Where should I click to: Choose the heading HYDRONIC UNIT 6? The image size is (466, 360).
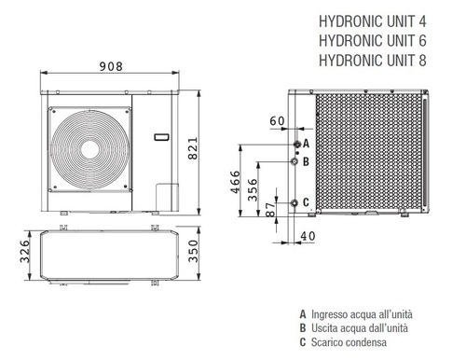(378, 41)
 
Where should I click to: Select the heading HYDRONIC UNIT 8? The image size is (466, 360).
(378, 61)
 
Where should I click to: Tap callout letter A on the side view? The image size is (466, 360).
(306, 145)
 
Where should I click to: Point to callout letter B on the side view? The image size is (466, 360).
(306, 161)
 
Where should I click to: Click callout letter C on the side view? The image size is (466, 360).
(306, 202)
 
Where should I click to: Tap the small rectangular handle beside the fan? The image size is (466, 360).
(161, 137)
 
